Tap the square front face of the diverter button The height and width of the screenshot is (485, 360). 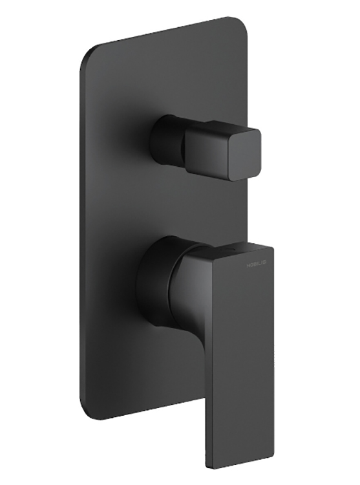click(x=223, y=153)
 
